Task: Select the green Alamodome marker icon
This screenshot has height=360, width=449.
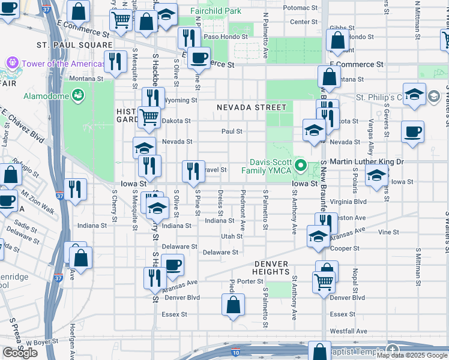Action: (77, 95)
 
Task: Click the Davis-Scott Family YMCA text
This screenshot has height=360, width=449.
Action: (272, 167)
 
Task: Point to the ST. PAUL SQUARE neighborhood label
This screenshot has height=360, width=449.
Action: (74, 45)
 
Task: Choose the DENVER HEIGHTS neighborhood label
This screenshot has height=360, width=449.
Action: (271, 268)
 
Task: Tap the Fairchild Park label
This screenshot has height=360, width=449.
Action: (215, 11)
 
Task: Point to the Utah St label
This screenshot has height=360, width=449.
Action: (232, 236)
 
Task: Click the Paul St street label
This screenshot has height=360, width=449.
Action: (232, 131)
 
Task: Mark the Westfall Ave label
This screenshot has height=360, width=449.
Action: (348, 331)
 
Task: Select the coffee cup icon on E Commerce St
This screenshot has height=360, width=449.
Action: (199, 58)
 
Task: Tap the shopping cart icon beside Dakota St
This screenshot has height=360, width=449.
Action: (149, 116)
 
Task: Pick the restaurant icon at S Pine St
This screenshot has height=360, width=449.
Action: (193, 170)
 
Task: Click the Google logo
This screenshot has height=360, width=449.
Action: (20, 353)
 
